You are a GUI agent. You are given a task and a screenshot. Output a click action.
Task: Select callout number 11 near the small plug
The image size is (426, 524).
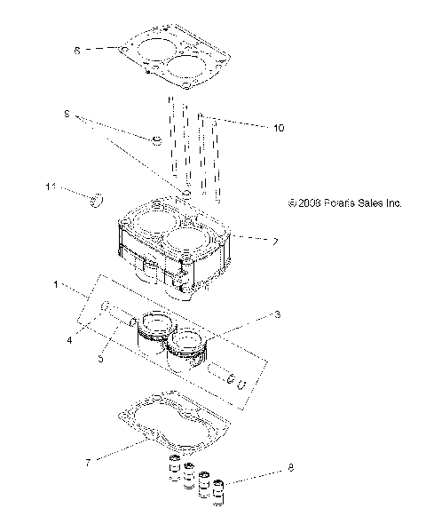point(51,186)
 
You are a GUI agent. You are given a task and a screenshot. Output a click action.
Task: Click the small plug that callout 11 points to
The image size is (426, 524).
point(99,196)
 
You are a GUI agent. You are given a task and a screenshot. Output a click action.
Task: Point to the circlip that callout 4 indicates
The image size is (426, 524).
point(105,307)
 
